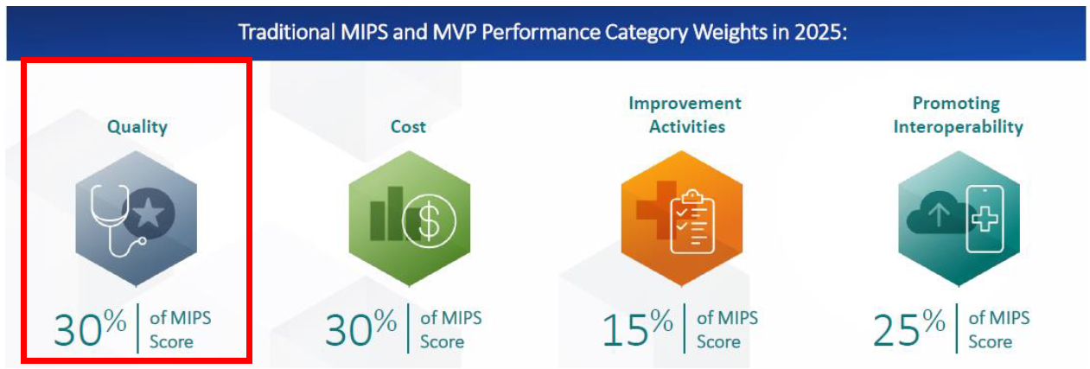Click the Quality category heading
coord(137,127)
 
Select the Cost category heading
coord(408,127)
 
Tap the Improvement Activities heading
coord(684,115)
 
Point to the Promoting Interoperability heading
coord(957,115)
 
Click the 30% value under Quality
coord(89,328)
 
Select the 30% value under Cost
coord(360,328)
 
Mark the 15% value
coord(637,328)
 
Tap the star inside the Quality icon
coord(149,213)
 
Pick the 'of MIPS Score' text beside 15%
coord(727,329)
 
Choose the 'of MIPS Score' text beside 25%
coord(999,329)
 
